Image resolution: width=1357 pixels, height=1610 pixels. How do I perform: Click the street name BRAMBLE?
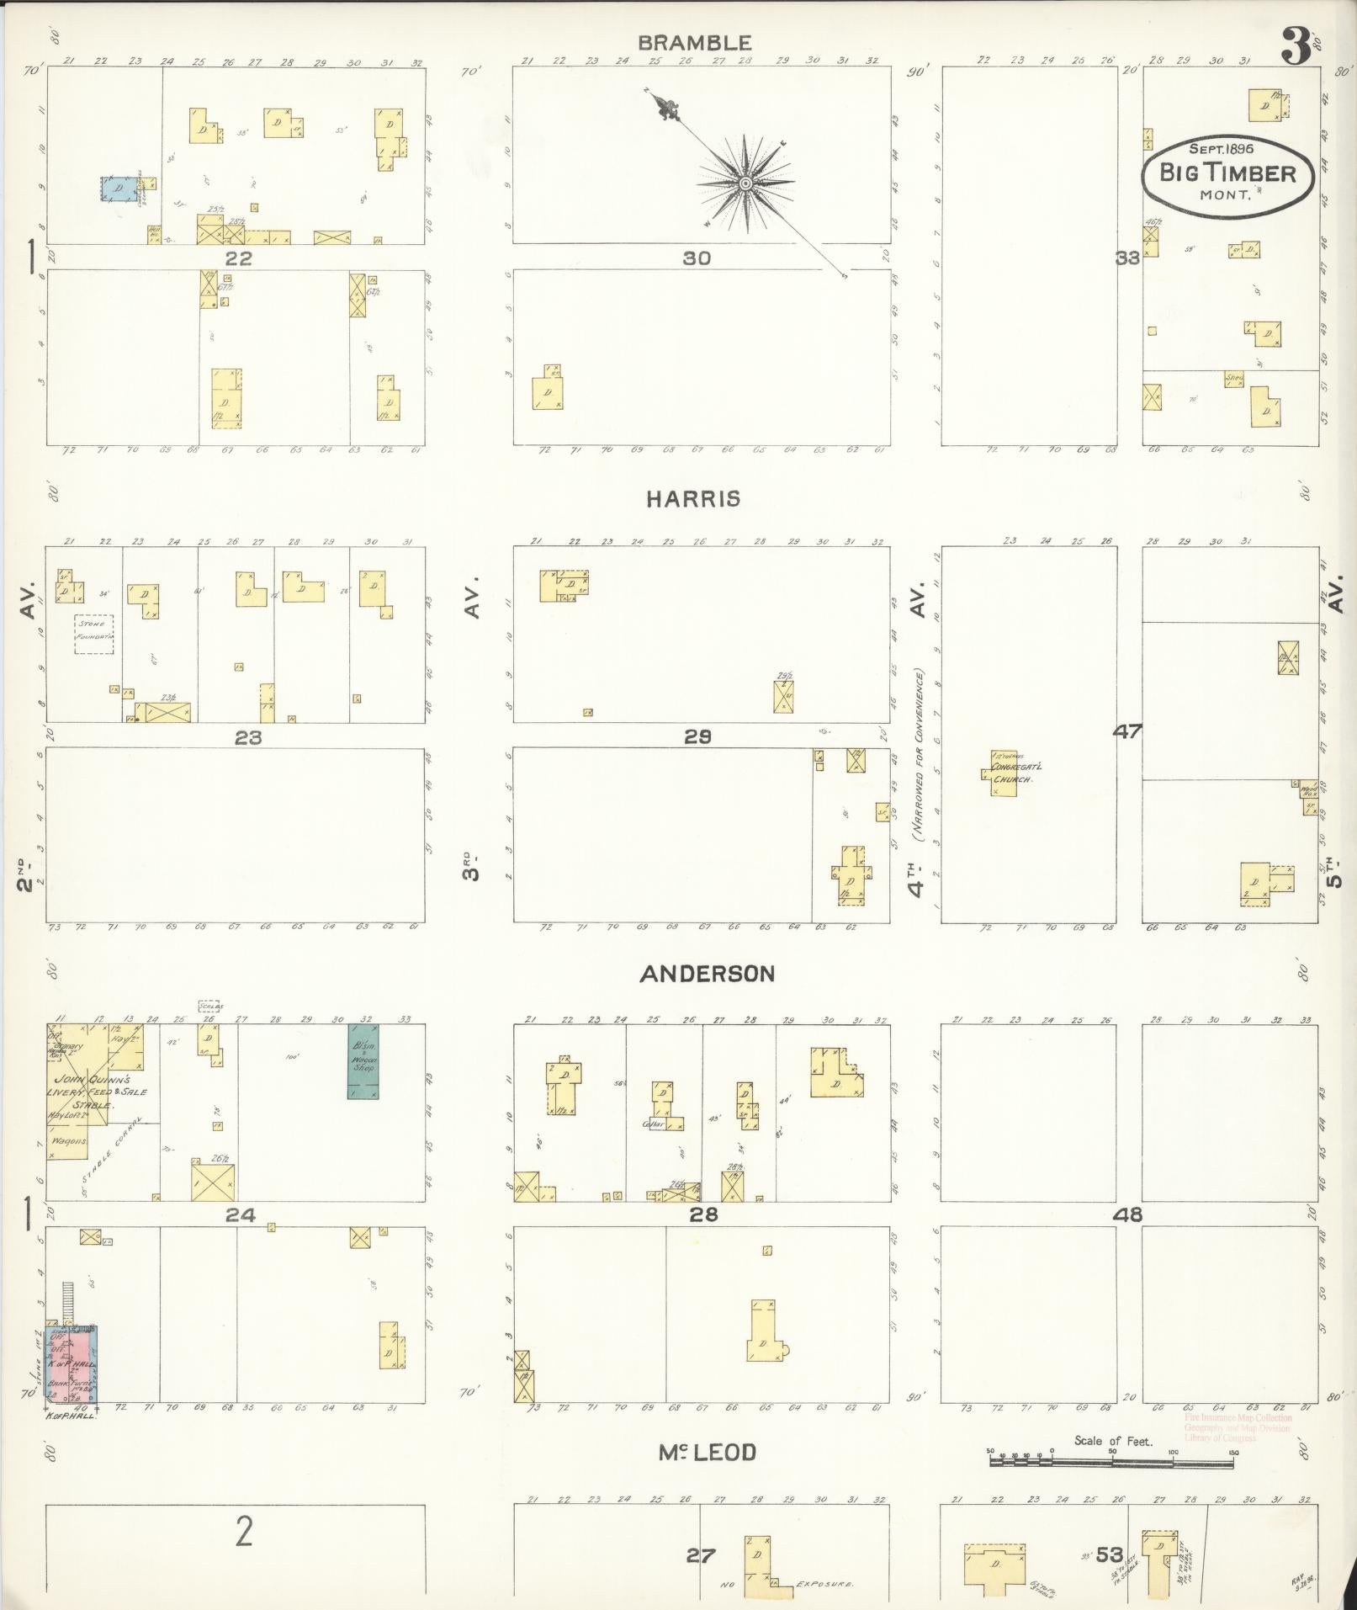[x=693, y=42]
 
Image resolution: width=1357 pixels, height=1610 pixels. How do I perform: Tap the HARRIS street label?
[x=693, y=499]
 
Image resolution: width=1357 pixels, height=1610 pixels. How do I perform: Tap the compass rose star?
[x=745, y=183]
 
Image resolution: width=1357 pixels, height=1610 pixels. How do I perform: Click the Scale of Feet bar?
[x=1111, y=1463]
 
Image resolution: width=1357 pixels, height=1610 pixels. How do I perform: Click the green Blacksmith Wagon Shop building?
[x=363, y=1060]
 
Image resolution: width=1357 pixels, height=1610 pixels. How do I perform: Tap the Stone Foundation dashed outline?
[x=93, y=634]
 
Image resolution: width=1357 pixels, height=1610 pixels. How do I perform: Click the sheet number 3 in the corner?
[x=1296, y=47]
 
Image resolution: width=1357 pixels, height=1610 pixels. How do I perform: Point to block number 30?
[x=697, y=258]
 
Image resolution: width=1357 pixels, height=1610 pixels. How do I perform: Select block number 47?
[x=1126, y=731]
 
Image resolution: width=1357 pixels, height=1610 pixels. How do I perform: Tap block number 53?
[x=1109, y=1554]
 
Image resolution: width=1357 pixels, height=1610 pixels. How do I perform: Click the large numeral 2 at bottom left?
[x=243, y=1533]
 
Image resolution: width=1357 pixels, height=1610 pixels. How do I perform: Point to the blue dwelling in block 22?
[x=119, y=189]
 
